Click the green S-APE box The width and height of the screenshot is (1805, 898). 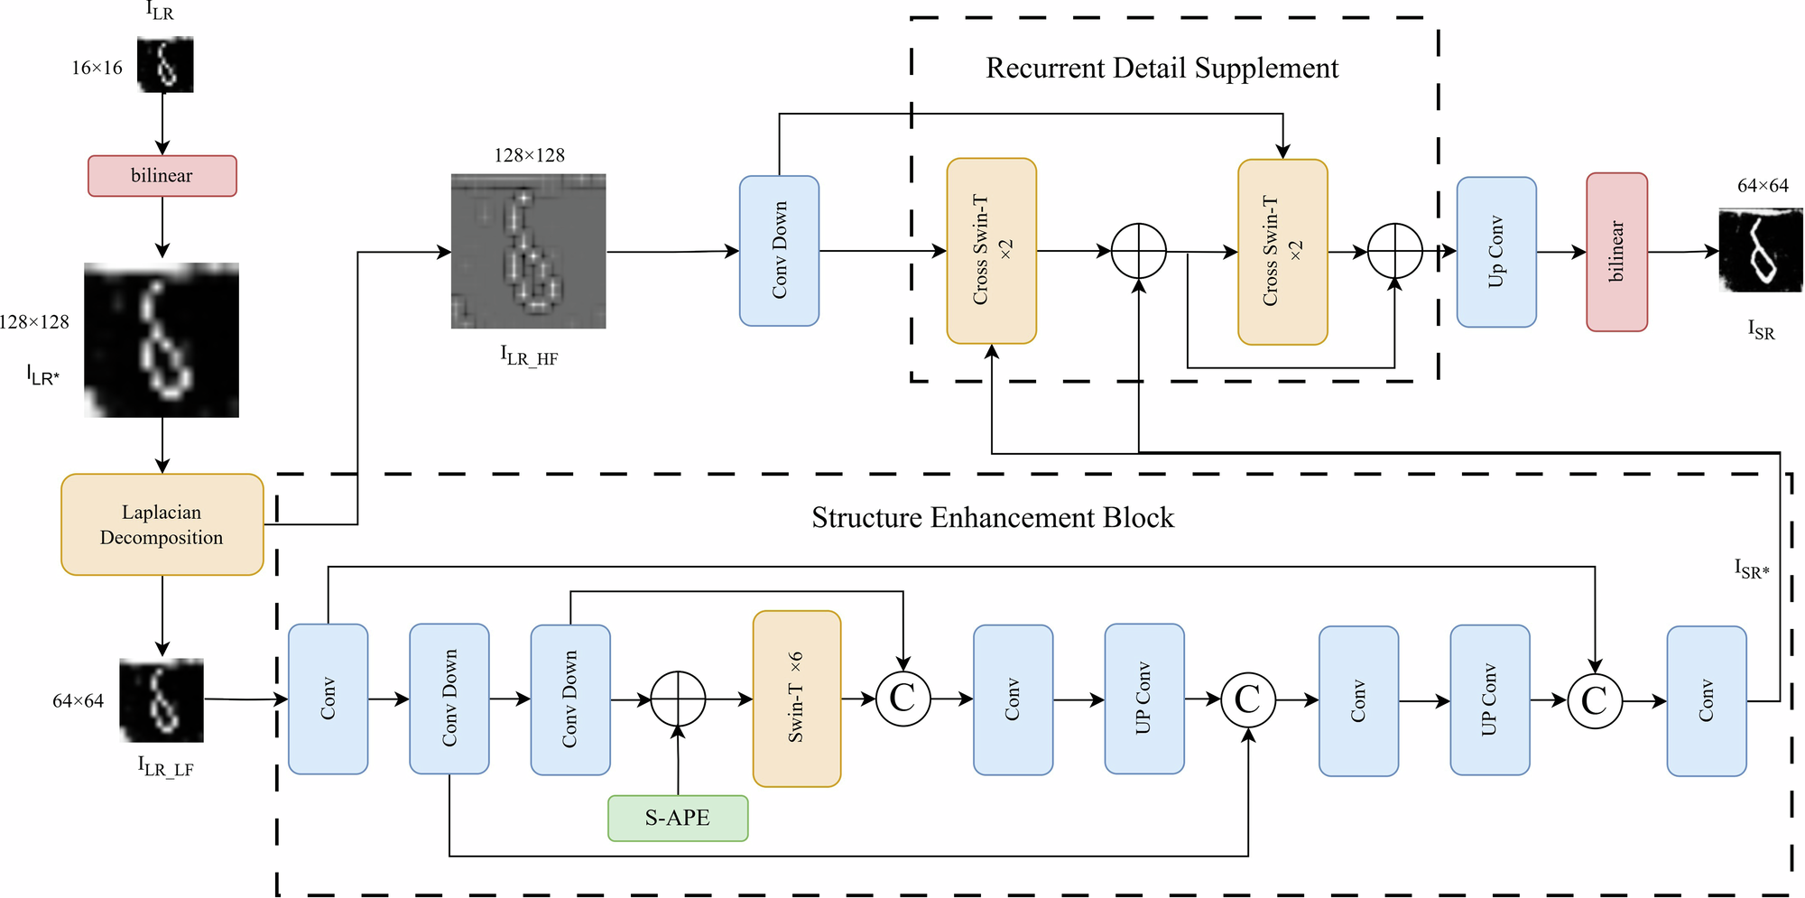pos(678,818)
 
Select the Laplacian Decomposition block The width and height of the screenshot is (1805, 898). pos(162,524)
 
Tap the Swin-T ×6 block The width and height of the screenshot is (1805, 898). pos(797,699)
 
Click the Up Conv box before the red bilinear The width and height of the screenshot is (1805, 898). pos(1496,252)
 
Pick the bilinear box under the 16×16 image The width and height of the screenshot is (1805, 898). pos(162,176)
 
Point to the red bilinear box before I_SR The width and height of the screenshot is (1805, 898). pos(1616,252)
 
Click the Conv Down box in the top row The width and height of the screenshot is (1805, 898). pos(779,251)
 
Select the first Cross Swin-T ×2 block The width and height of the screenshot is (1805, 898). pos(991,251)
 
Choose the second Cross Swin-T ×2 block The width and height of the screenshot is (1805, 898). pos(1282,252)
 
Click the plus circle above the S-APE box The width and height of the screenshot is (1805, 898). pos(678,699)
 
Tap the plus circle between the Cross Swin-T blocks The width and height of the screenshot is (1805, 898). pos(1139,252)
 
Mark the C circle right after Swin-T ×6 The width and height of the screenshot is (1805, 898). pos(902,699)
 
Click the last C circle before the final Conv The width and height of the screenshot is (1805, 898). pos(1595,700)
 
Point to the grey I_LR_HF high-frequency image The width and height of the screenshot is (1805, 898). pos(529,251)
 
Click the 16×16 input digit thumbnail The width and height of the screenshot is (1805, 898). pos(165,65)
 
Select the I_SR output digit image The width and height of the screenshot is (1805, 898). pos(1761,250)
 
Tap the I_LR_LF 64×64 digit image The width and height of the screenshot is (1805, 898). pos(162,700)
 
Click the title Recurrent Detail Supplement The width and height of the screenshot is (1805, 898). pos(1162,69)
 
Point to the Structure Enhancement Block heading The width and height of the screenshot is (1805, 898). pos(993,518)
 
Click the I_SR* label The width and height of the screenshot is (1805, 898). pos(1752,569)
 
